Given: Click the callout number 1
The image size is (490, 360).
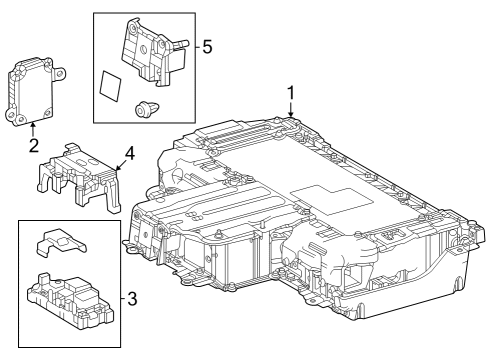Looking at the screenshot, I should click(x=291, y=93).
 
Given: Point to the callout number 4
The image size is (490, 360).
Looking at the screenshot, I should click(x=129, y=155).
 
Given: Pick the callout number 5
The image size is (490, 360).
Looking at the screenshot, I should click(x=207, y=47).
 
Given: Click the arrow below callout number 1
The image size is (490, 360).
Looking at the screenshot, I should click(x=291, y=113).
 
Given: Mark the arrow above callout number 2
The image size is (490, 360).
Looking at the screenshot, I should click(x=33, y=125).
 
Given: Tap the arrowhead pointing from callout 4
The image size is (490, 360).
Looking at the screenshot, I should click(x=113, y=167).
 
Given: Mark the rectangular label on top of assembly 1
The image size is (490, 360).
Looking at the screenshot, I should click(x=321, y=196).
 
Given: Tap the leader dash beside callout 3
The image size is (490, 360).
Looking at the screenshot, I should click(x=122, y=297).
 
